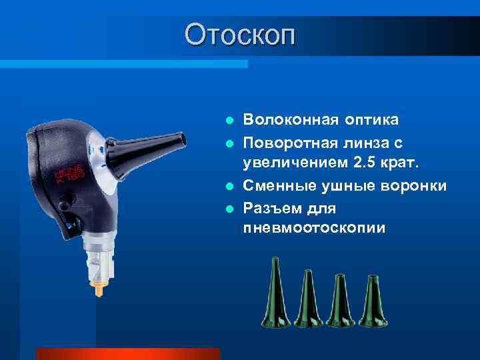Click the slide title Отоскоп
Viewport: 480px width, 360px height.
click(239, 35)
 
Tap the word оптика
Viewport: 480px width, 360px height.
click(371, 120)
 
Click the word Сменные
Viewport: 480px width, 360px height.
click(276, 185)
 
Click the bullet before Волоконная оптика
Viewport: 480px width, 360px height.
click(229, 121)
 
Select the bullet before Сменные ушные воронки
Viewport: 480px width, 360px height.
click(229, 186)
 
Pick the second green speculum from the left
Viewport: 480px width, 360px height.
click(308, 298)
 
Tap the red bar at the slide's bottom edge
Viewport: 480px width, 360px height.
click(127, 353)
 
